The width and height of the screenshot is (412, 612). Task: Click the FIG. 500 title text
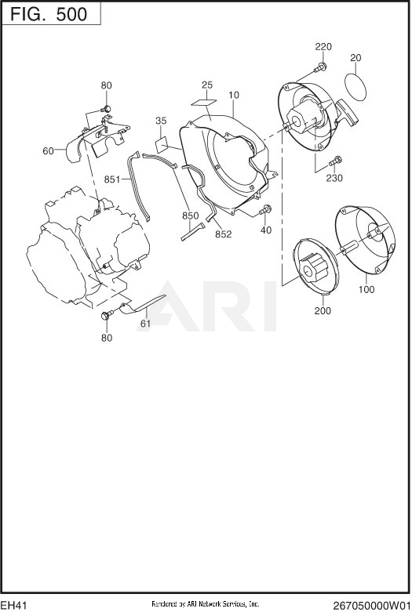coord(49,14)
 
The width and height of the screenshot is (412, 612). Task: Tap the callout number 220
coord(323,47)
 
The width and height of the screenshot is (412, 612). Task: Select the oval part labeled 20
coord(356,86)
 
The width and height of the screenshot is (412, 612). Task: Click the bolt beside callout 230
coord(335,161)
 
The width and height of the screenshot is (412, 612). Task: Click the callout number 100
coord(366,289)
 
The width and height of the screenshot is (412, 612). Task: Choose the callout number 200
coord(323,310)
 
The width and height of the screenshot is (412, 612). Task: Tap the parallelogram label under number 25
coord(204,102)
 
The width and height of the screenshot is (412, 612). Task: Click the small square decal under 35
coord(162,145)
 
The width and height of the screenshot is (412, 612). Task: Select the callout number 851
coord(112,179)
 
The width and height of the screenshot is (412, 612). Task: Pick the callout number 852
coord(223,234)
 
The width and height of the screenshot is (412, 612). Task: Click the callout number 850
coord(191,215)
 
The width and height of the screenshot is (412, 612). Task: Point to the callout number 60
coord(48,150)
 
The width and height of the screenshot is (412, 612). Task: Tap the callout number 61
coord(145,323)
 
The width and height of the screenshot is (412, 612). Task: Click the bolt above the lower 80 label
coord(107,314)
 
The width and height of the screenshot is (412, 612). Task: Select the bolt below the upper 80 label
coord(106,108)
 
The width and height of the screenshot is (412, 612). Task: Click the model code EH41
coord(14,606)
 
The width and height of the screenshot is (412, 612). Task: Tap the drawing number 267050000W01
coord(371,606)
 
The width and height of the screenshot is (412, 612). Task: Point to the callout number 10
coord(234,95)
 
